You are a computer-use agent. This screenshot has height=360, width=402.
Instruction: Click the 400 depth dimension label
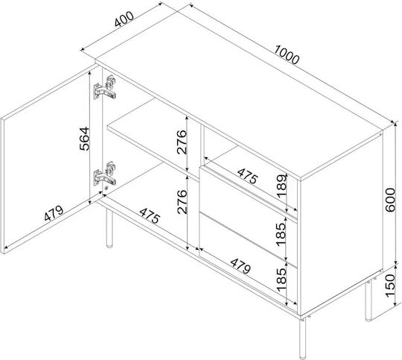click(x=124, y=19)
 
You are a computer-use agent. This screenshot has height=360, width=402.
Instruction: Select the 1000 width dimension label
click(x=287, y=54)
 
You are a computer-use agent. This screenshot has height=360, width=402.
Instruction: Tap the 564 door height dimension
click(x=84, y=139)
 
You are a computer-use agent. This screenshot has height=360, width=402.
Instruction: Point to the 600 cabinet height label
click(x=391, y=200)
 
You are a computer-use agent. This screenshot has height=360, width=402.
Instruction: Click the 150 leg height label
click(x=391, y=285)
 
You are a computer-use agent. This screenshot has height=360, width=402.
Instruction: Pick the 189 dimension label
click(x=281, y=186)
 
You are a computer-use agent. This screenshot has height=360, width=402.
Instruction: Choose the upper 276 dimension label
click(x=182, y=142)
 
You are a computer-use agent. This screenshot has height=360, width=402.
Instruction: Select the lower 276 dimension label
click(x=182, y=202)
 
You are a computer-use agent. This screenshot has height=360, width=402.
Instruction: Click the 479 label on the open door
click(x=54, y=213)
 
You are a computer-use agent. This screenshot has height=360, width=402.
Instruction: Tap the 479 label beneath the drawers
click(x=240, y=266)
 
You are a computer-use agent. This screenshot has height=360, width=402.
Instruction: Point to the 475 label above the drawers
click(x=247, y=176)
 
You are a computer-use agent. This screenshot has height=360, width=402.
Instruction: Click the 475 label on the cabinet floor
click(x=150, y=215)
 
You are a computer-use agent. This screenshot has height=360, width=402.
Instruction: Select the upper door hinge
click(x=105, y=87)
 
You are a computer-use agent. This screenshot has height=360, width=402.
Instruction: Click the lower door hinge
click(x=105, y=174)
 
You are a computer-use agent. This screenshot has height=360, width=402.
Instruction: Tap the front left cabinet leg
click(x=109, y=228)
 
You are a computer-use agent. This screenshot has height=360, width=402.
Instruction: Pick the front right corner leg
click(x=302, y=338)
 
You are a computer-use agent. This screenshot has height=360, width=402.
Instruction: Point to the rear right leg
click(x=368, y=300)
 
